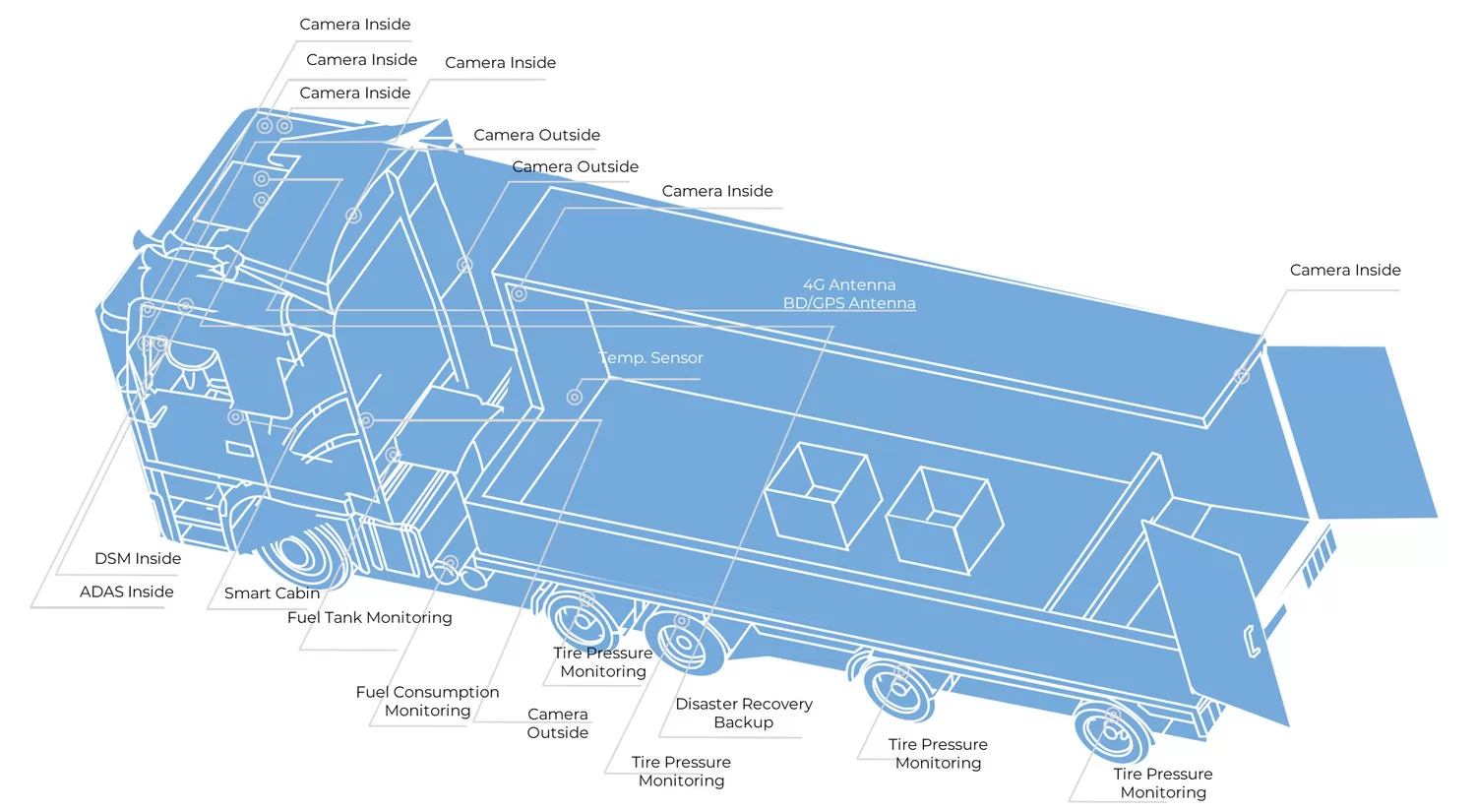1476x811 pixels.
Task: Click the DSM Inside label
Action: (138, 558)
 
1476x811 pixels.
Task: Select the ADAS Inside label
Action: (127, 592)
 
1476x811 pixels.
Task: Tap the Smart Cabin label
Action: (272, 593)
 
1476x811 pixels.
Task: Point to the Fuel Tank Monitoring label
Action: (370, 617)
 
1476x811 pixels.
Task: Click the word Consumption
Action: (446, 692)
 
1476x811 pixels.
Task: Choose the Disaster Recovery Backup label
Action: (744, 713)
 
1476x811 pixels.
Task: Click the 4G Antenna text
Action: (849, 284)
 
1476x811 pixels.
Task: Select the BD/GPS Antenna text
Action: (849, 303)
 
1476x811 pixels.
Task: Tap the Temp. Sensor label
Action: (651, 357)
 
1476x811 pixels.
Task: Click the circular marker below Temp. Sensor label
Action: (575, 398)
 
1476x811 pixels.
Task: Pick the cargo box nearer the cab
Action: (822, 495)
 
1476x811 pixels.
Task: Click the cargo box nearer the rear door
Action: (944, 519)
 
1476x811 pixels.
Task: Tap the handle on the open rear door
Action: (1253, 641)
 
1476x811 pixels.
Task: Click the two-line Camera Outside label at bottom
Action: (557, 722)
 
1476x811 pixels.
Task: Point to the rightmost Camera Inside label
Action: (1345, 270)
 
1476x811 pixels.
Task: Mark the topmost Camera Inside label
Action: (355, 24)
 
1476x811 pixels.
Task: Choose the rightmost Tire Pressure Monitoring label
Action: (1163, 782)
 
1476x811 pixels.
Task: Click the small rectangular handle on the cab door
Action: (239, 450)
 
